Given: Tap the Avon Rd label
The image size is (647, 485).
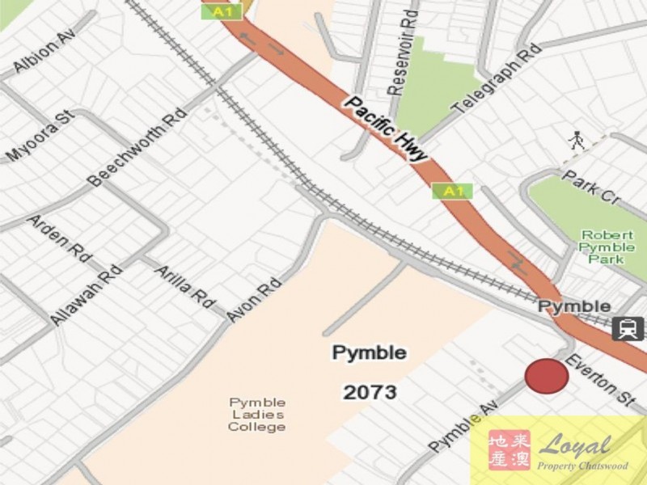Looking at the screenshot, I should tap(254, 300).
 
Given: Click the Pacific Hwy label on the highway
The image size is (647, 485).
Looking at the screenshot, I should tap(385, 129).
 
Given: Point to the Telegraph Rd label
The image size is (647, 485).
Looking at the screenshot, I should tap(496, 80).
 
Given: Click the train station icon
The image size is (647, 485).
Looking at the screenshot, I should tap(628, 328).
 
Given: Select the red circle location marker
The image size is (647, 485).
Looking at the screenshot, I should tap(547, 377).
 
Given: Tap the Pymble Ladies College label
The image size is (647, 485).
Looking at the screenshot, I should tap(256, 415).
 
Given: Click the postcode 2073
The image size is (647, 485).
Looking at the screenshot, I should tap(370, 393).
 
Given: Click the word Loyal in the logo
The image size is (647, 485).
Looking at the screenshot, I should tap(575, 445).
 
